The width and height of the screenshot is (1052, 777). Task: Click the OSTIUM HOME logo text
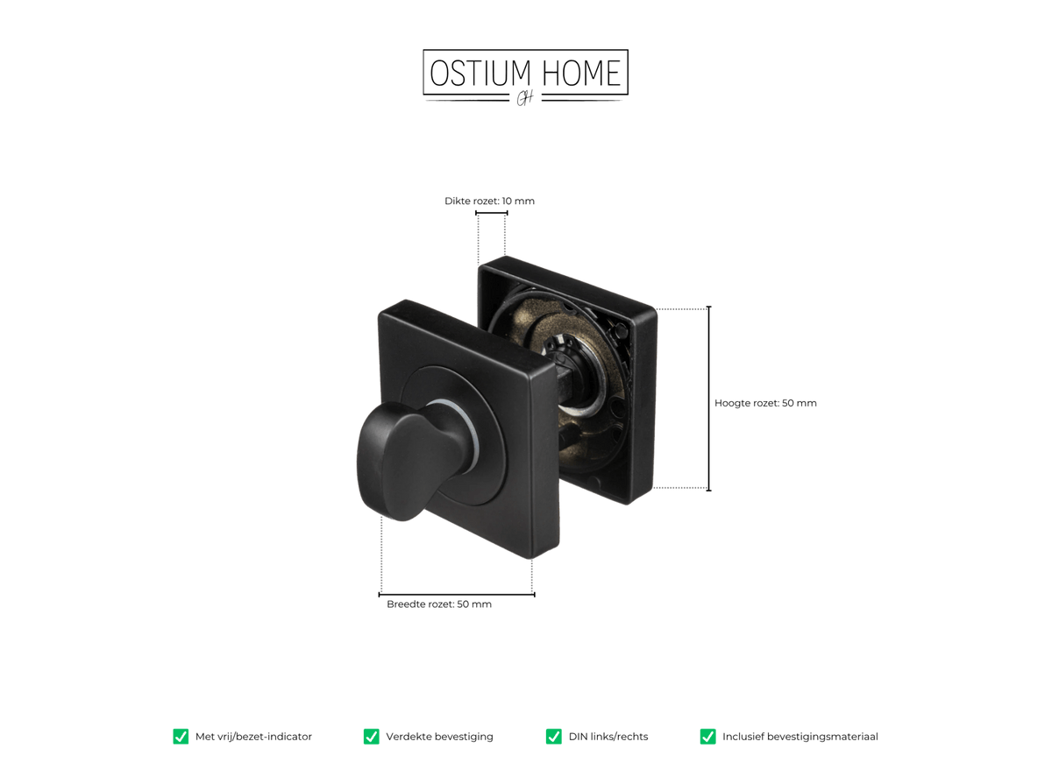525,73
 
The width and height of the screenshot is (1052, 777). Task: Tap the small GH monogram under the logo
524,98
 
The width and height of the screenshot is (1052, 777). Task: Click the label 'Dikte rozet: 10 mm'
489,201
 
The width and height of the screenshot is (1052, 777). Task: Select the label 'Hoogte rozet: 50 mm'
765,403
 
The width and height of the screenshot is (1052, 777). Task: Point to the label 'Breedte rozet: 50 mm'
439,604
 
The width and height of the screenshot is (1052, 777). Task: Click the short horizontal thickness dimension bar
492,214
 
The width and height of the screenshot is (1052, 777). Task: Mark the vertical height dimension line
708,399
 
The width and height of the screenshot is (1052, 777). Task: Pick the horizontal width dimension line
457,595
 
